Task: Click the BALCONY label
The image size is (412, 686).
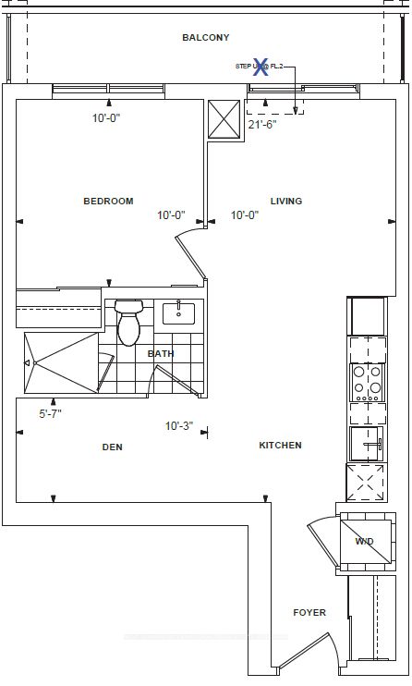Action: click(x=205, y=37)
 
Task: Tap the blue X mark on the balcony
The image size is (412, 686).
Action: click(x=261, y=66)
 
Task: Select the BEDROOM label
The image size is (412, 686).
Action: click(x=108, y=201)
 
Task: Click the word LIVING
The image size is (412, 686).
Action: click(x=285, y=201)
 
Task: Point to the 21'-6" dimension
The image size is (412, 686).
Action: click(x=262, y=123)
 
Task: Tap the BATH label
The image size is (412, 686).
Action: click(x=161, y=353)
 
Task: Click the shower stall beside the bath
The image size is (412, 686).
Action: click(x=57, y=364)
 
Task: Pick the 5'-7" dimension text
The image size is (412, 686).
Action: click(x=55, y=415)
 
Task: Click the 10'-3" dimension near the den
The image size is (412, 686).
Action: click(x=178, y=426)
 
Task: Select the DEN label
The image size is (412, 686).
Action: click(x=112, y=447)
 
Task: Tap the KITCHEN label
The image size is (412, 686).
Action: click(x=280, y=445)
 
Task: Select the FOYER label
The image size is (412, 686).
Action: click(x=309, y=612)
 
